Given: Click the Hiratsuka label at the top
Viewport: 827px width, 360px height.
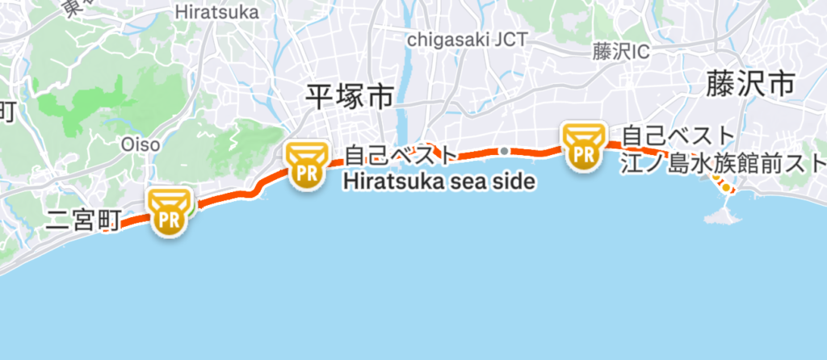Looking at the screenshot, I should tap(216, 12).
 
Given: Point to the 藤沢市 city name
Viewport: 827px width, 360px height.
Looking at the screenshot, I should tap(749, 83).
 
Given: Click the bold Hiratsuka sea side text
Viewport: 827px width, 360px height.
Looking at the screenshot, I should tap(439, 182).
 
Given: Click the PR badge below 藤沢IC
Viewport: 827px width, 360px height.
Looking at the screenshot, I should tap(583, 146).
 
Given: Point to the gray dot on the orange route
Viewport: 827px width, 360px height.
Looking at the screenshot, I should tap(504, 151).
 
